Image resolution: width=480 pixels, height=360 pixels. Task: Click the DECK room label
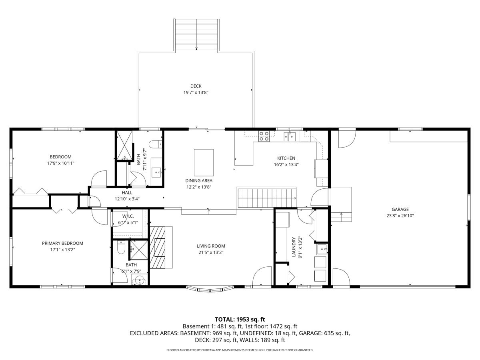click(196, 86)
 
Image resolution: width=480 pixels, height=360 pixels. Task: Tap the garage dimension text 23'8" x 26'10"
click(400, 216)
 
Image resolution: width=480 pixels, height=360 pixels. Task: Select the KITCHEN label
click(286, 158)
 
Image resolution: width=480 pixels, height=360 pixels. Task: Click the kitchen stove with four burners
click(264, 136)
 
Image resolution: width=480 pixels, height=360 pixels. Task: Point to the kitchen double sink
click(290, 136)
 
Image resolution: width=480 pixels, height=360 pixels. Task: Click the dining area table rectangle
click(204, 162)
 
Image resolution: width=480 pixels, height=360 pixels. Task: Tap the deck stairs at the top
click(196, 34)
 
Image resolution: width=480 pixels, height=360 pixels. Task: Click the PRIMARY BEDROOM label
click(63, 243)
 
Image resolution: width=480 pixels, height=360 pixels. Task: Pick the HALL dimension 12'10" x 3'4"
click(127, 199)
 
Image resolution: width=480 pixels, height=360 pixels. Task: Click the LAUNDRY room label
click(294, 247)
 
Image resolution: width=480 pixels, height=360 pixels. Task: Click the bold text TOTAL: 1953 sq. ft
click(240, 319)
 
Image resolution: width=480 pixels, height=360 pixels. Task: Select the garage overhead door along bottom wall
click(407, 286)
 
